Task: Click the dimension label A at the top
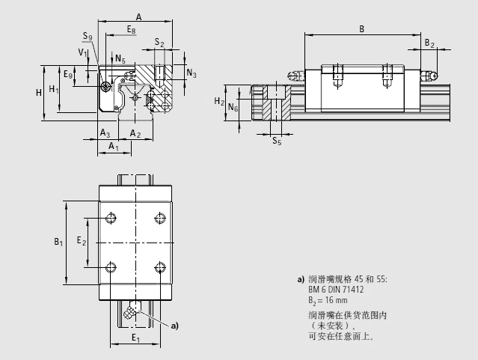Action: (x=138, y=16)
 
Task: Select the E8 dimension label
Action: (x=131, y=29)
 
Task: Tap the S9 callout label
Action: (x=88, y=37)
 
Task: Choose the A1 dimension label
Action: (x=113, y=147)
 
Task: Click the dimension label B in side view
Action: (x=361, y=29)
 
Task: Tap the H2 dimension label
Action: (x=218, y=101)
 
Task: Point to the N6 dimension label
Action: (x=233, y=108)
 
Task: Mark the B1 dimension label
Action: (x=58, y=242)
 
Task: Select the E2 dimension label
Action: (x=82, y=242)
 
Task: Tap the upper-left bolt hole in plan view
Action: (x=111, y=218)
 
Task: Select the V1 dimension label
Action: (x=82, y=52)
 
